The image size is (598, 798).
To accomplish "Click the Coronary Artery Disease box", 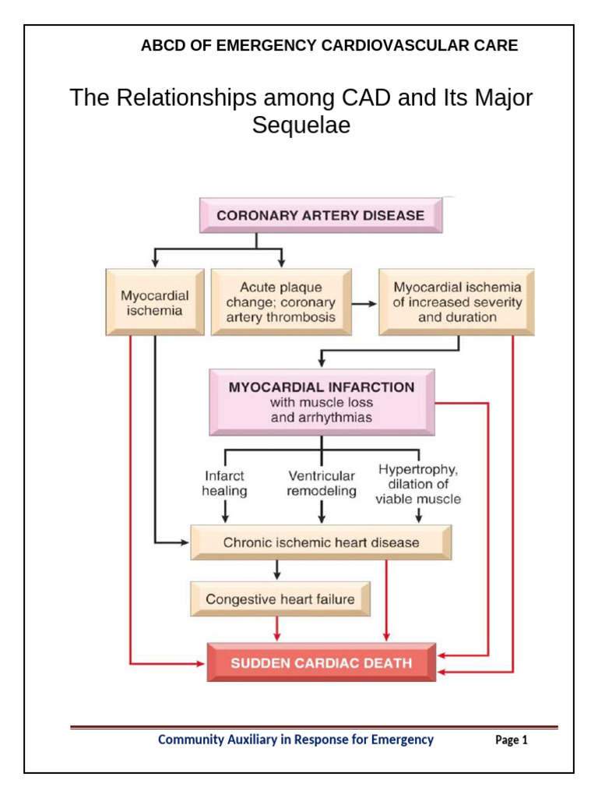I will point(321,216).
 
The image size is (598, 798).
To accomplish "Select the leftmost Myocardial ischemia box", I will point(154,303).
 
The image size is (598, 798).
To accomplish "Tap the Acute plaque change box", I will point(281,302).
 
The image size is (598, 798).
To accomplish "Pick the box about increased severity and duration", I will point(457,302).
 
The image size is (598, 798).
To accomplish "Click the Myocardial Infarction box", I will point(321,402).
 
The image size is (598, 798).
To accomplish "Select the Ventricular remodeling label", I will point(322,483).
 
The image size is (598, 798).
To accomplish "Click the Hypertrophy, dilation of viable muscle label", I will point(418,484).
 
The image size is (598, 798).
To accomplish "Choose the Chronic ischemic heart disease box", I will point(321,542).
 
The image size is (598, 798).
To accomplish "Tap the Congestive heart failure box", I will point(280,599).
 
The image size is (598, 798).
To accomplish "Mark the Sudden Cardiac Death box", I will point(321,663).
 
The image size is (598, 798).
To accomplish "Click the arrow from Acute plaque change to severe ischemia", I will point(364,303).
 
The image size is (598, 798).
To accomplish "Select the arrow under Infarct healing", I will point(226,512).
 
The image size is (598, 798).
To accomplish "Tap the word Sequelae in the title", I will point(301,125).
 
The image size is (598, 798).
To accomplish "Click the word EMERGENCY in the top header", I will point(266,45).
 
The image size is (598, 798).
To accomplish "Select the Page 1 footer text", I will point(512,740).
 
